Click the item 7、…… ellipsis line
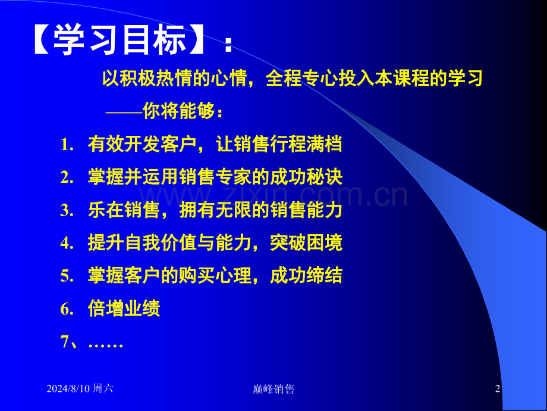pos(92,342)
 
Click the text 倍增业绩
pos(124,309)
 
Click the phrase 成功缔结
pos(306,276)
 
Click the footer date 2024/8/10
pos(68,389)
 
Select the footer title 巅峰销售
pos(273,389)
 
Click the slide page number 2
pos(498,389)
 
